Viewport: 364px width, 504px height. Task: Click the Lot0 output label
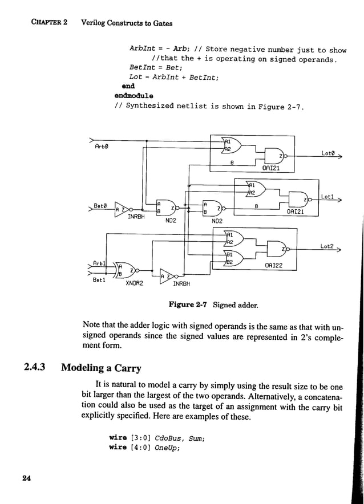point(327,153)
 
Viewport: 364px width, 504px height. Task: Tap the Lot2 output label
point(326,246)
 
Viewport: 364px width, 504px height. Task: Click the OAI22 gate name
point(274,266)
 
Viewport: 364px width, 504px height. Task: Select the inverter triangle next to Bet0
point(122,210)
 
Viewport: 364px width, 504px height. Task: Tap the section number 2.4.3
point(38,368)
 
